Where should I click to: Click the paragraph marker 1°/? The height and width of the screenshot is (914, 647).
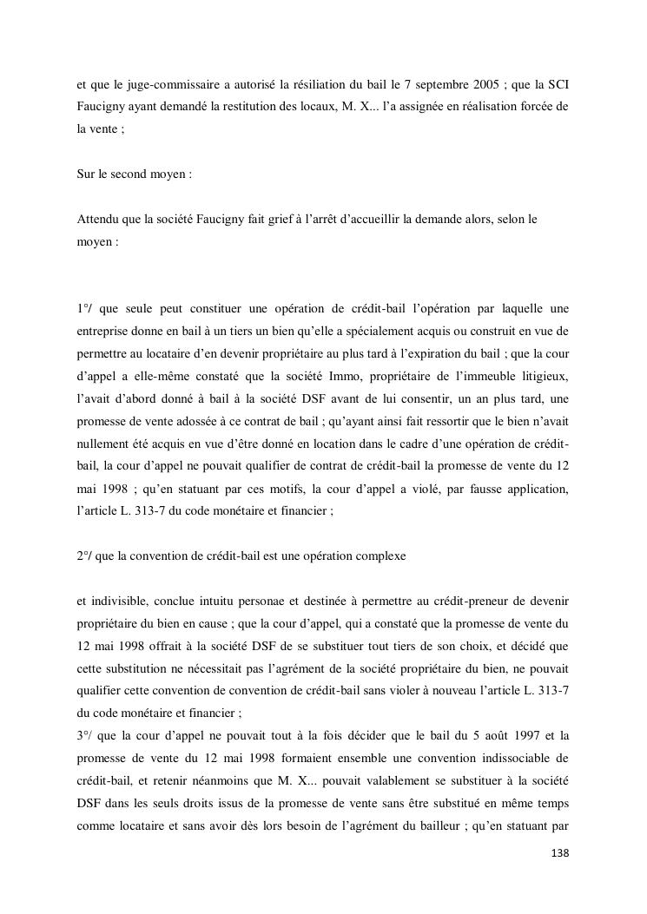85,309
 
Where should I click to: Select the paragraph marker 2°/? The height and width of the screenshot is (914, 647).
85,556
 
